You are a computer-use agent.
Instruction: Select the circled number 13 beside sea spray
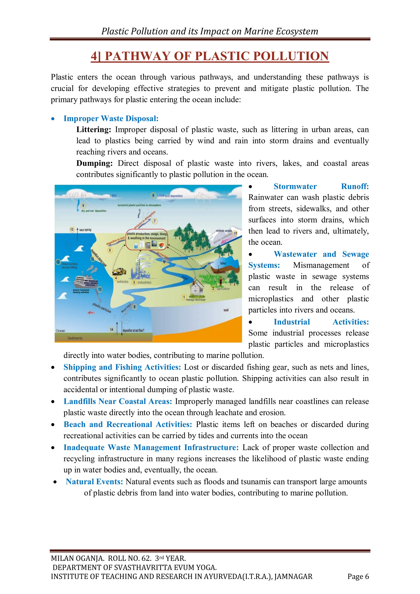pyautogui.click(x=72, y=229)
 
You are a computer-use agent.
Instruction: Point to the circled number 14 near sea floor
pyautogui.click(x=112, y=329)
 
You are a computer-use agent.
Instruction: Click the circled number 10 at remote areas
pyautogui.click(x=235, y=233)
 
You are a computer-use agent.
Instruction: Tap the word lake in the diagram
pyautogui.click(x=223, y=263)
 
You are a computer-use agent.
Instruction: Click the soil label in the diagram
pyautogui.click(x=226, y=310)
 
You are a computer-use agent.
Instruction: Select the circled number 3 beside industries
pyautogui.click(x=134, y=282)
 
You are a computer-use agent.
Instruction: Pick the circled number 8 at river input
pyautogui.click(x=134, y=307)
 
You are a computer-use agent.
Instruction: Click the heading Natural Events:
pyautogui.click(x=94, y=481)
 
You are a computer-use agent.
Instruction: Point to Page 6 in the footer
pyautogui.click(x=358, y=576)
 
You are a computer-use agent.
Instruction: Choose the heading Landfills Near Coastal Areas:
pyautogui.click(x=118, y=401)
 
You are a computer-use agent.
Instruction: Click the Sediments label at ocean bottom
pyautogui.click(x=75, y=338)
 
